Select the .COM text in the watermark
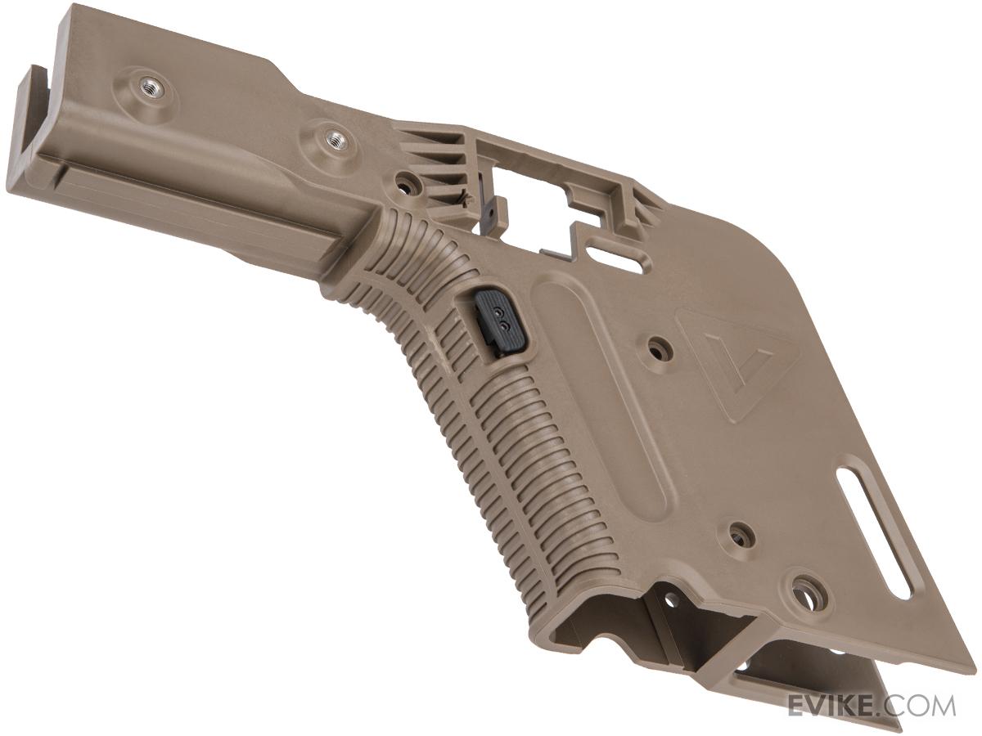[x=920, y=706]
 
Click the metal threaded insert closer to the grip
[x=335, y=141]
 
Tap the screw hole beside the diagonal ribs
[x=407, y=182]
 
